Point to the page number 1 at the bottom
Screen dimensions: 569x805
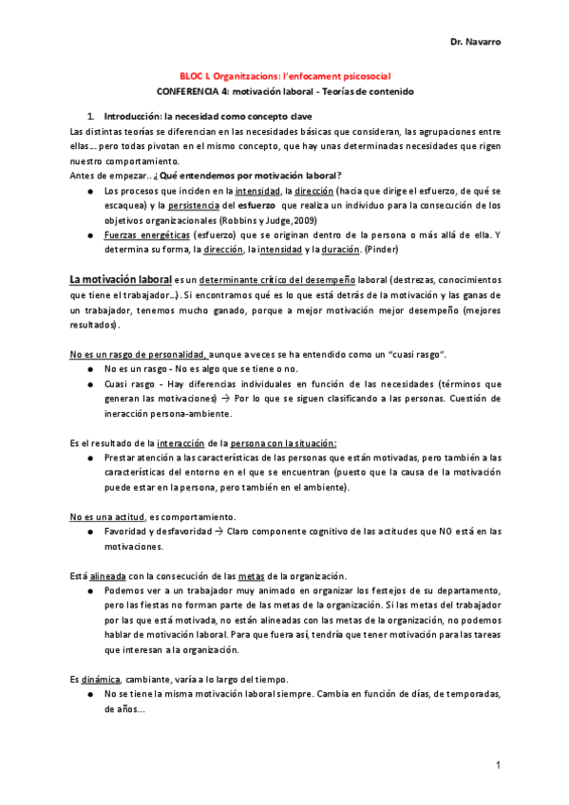pos(497,765)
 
